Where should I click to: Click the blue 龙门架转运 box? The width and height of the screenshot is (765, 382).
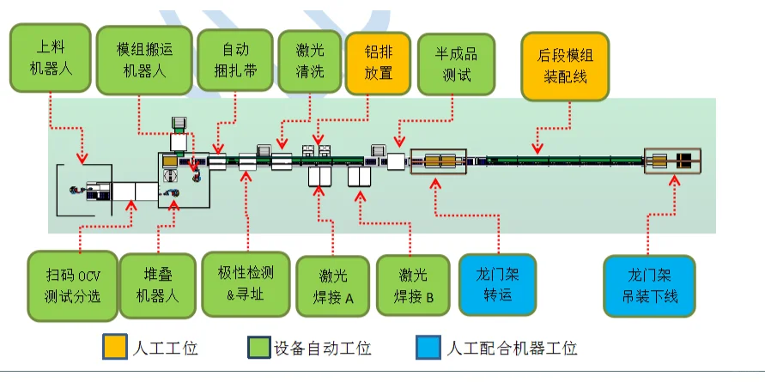(x=497, y=285)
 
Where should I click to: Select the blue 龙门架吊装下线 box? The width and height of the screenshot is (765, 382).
(x=647, y=286)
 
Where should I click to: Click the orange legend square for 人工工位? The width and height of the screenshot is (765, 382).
(x=115, y=348)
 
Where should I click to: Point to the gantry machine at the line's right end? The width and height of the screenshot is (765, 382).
(x=673, y=161)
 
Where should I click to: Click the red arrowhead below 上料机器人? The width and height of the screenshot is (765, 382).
(x=82, y=159)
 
